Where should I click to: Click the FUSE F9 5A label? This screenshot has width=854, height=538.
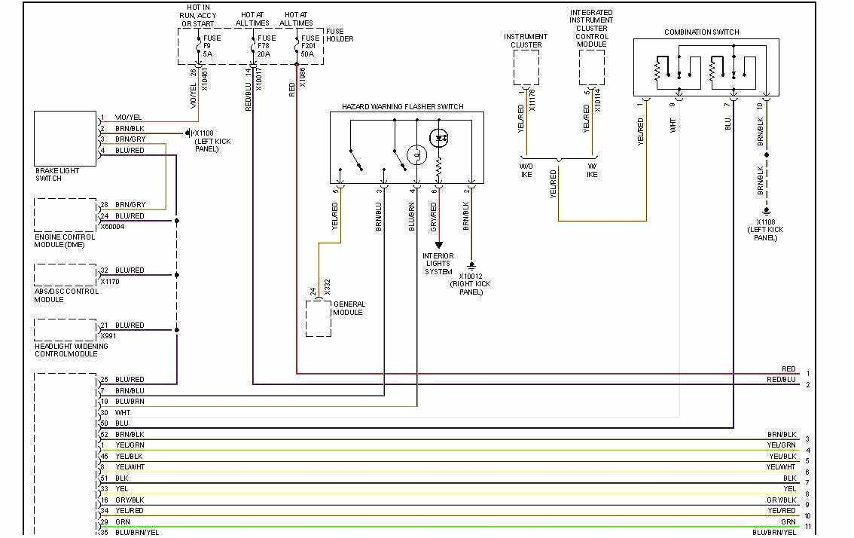click(212, 46)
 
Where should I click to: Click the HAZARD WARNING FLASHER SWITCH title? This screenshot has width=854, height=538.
click(402, 107)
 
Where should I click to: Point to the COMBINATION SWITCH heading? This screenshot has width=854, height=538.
click(701, 32)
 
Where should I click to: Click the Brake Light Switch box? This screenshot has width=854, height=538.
click(65, 139)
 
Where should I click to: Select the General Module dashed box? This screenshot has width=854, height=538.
click(318, 319)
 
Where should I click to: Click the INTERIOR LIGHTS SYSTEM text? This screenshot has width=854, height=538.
click(438, 264)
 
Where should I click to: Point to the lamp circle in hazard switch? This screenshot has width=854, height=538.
click(416, 155)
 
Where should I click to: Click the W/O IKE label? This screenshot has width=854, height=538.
click(526, 170)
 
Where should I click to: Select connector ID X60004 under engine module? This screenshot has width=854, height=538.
click(112, 225)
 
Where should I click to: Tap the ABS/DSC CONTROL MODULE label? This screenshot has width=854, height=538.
click(66, 295)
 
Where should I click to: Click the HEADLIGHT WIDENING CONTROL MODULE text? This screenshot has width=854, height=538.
click(71, 350)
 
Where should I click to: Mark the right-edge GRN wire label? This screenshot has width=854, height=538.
click(788, 521)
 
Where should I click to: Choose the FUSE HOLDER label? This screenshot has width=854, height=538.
click(340, 35)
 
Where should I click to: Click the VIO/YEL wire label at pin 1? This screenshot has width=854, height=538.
click(128, 118)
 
